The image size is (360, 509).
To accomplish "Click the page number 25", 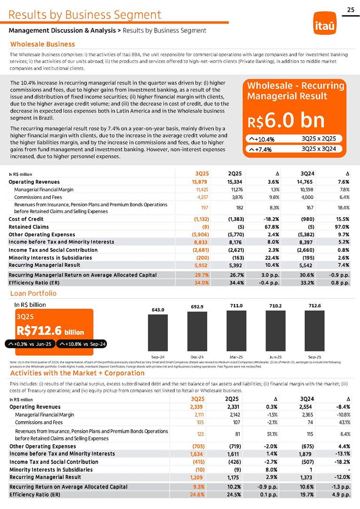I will pyautogui.click(x=351, y=10).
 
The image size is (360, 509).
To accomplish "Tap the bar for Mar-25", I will pyautogui.click(x=236, y=330).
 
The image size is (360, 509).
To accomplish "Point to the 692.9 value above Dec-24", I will pyautogui.click(x=197, y=307).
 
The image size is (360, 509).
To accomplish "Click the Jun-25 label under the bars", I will pyautogui.click(x=275, y=357).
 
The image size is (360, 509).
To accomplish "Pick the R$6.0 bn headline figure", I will pyautogui.click(x=286, y=120).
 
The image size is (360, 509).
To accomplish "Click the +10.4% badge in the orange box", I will pyautogui.click(x=264, y=139).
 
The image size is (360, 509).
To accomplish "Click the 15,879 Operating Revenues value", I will pyautogui.click(x=200, y=182).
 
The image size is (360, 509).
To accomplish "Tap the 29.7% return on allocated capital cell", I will pyautogui.click(x=202, y=275).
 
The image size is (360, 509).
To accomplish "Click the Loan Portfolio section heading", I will pyautogui.click(x=33, y=293).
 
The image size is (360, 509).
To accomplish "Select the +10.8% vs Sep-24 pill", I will pyautogui.click(x=82, y=344).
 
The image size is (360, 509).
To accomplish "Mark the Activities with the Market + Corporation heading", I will pyautogui.click(x=77, y=373).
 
